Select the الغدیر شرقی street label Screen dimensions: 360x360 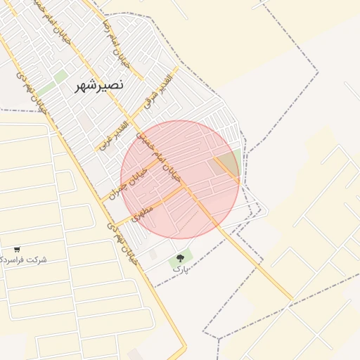pos(157,92)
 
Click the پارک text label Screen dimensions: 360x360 pos(181,269)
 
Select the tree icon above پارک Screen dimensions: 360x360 pos(181,258)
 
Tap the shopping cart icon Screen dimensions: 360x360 pos(17,250)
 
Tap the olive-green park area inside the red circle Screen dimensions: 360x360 pos(229,163)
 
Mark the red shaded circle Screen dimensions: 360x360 pos(180,179)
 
